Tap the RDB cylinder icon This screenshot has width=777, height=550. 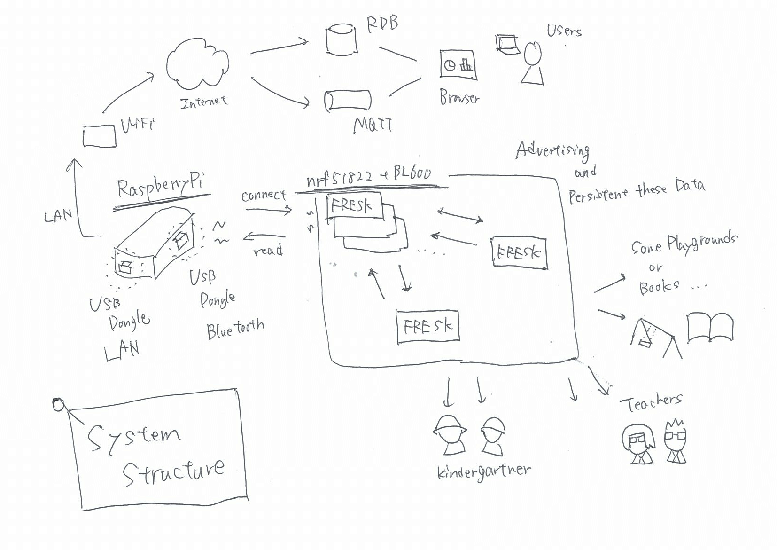pyautogui.click(x=342, y=39)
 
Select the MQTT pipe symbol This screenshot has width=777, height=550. pyautogui.click(x=348, y=101)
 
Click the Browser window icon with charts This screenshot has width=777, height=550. pyautogui.click(x=458, y=64)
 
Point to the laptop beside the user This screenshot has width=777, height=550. pyautogui.click(x=507, y=44)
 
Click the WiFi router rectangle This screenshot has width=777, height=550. pyautogui.click(x=100, y=136)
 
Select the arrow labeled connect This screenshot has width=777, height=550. pyautogui.click(x=268, y=210)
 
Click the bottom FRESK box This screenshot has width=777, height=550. pyautogui.click(x=427, y=326)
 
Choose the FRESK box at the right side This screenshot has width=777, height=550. pyautogui.click(x=519, y=253)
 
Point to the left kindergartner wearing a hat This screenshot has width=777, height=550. pyautogui.click(x=450, y=435)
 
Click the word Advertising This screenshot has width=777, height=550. pyautogui.click(x=553, y=150)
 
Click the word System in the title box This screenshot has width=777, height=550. pyautogui.click(x=134, y=437)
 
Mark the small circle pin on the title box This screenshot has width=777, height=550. pyautogui.click(x=58, y=404)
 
